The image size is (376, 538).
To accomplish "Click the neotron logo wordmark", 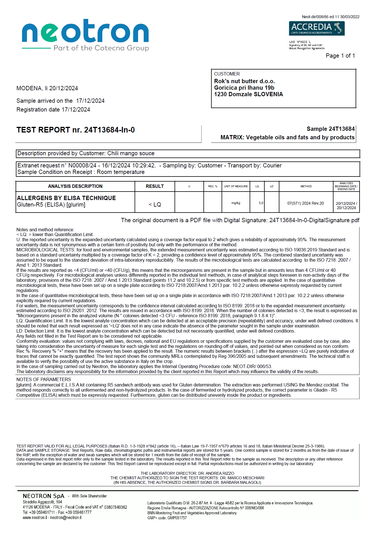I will [85, 31].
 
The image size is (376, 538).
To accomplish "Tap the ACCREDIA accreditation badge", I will [316, 28].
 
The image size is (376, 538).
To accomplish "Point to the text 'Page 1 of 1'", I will [340, 56].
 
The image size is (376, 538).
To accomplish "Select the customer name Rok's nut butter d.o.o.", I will [244, 81].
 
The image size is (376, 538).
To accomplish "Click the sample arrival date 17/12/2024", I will [90, 101].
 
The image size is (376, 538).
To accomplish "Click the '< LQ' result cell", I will [155, 205].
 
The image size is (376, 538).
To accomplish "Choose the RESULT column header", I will [155, 186].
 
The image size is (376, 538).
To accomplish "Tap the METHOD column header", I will [306, 186].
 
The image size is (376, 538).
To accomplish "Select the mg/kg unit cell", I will [236, 203].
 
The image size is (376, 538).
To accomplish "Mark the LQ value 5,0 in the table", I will [261, 203].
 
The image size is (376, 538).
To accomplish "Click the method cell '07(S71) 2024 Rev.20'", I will [305, 203].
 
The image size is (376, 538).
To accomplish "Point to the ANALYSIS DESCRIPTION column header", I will [75, 186].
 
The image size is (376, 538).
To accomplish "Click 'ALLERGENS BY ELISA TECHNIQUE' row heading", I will [66, 198].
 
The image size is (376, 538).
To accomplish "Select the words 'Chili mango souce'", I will [131, 154].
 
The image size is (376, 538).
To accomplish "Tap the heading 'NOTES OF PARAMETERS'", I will [44, 380].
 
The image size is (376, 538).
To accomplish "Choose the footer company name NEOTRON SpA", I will [44, 496].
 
